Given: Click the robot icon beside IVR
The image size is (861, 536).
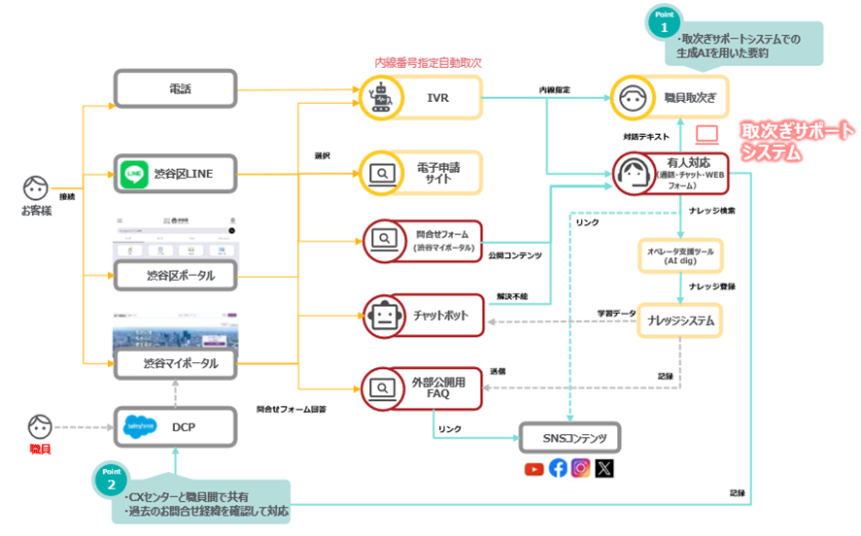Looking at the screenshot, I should pyautogui.click(x=379, y=98).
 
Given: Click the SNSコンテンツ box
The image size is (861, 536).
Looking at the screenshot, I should pyautogui.click(x=568, y=438).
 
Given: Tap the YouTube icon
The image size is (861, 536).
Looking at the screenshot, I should pyautogui.click(x=534, y=469).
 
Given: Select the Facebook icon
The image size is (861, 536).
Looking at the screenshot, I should pyautogui.click(x=558, y=469).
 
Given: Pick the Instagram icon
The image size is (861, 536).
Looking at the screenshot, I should pyautogui.click(x=581, y=469).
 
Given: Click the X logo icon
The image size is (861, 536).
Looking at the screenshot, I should pyautogui.click(x=604, y=469).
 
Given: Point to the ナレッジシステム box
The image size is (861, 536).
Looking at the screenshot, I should pyautogui.click(x=680, y=320).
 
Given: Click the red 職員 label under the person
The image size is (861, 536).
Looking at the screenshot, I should pyautogui.click(x=39, y=449).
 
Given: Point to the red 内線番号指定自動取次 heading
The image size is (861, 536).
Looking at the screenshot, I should pyautogui.click(x=428, y=62).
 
